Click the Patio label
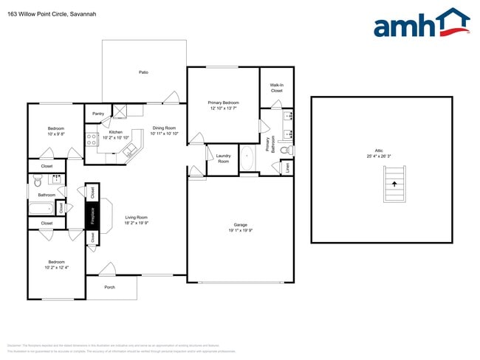point(143,72)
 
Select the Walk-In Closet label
point(276,88)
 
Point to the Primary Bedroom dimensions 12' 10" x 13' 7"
point(222,108)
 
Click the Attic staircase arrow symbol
point(394,185)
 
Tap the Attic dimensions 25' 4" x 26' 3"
point(381,156)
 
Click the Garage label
point(240,224)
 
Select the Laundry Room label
point(223,159)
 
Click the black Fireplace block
point(92,215)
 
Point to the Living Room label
point(136,217)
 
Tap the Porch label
point(109,287)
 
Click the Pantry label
point(98,114)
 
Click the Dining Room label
point(164,128)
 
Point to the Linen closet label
point(287,167)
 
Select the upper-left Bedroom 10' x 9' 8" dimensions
point(56,134)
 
